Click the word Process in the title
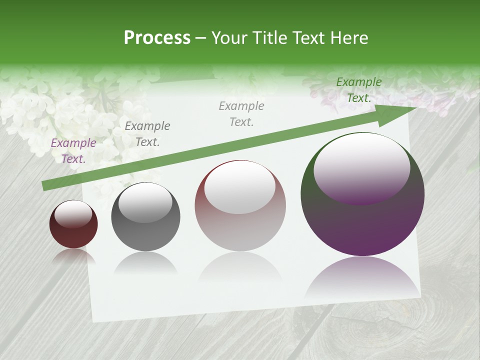pyautogui.click(x=157, y=38)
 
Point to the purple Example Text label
pyautogui.click(x=73, y=151)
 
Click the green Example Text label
pyautogui.click(x=359, y=90)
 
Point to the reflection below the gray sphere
pyautogui.click(x=145, y=262)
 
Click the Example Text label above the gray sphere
pyautogui.click(x=147, y=134)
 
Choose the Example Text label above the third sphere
pyautogui.click(x=241, y=114)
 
